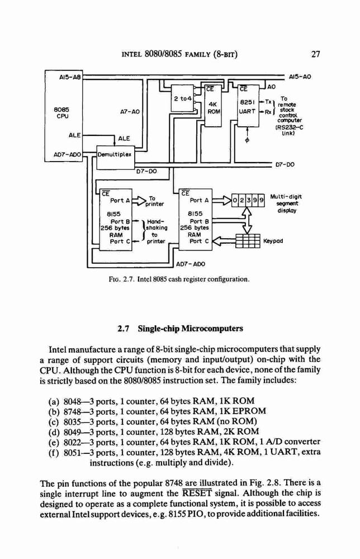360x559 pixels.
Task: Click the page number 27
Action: coord(315,54)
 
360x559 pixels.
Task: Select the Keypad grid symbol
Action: coord(248,241)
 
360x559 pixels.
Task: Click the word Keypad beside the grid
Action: coord(273,241)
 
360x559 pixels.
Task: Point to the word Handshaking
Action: coord(156,224)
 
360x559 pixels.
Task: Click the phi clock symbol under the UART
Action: coord(248,139)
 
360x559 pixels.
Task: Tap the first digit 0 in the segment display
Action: coord(235,200)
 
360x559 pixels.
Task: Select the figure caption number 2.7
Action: coord(127,279)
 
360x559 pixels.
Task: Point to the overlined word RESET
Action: coord(197,494)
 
